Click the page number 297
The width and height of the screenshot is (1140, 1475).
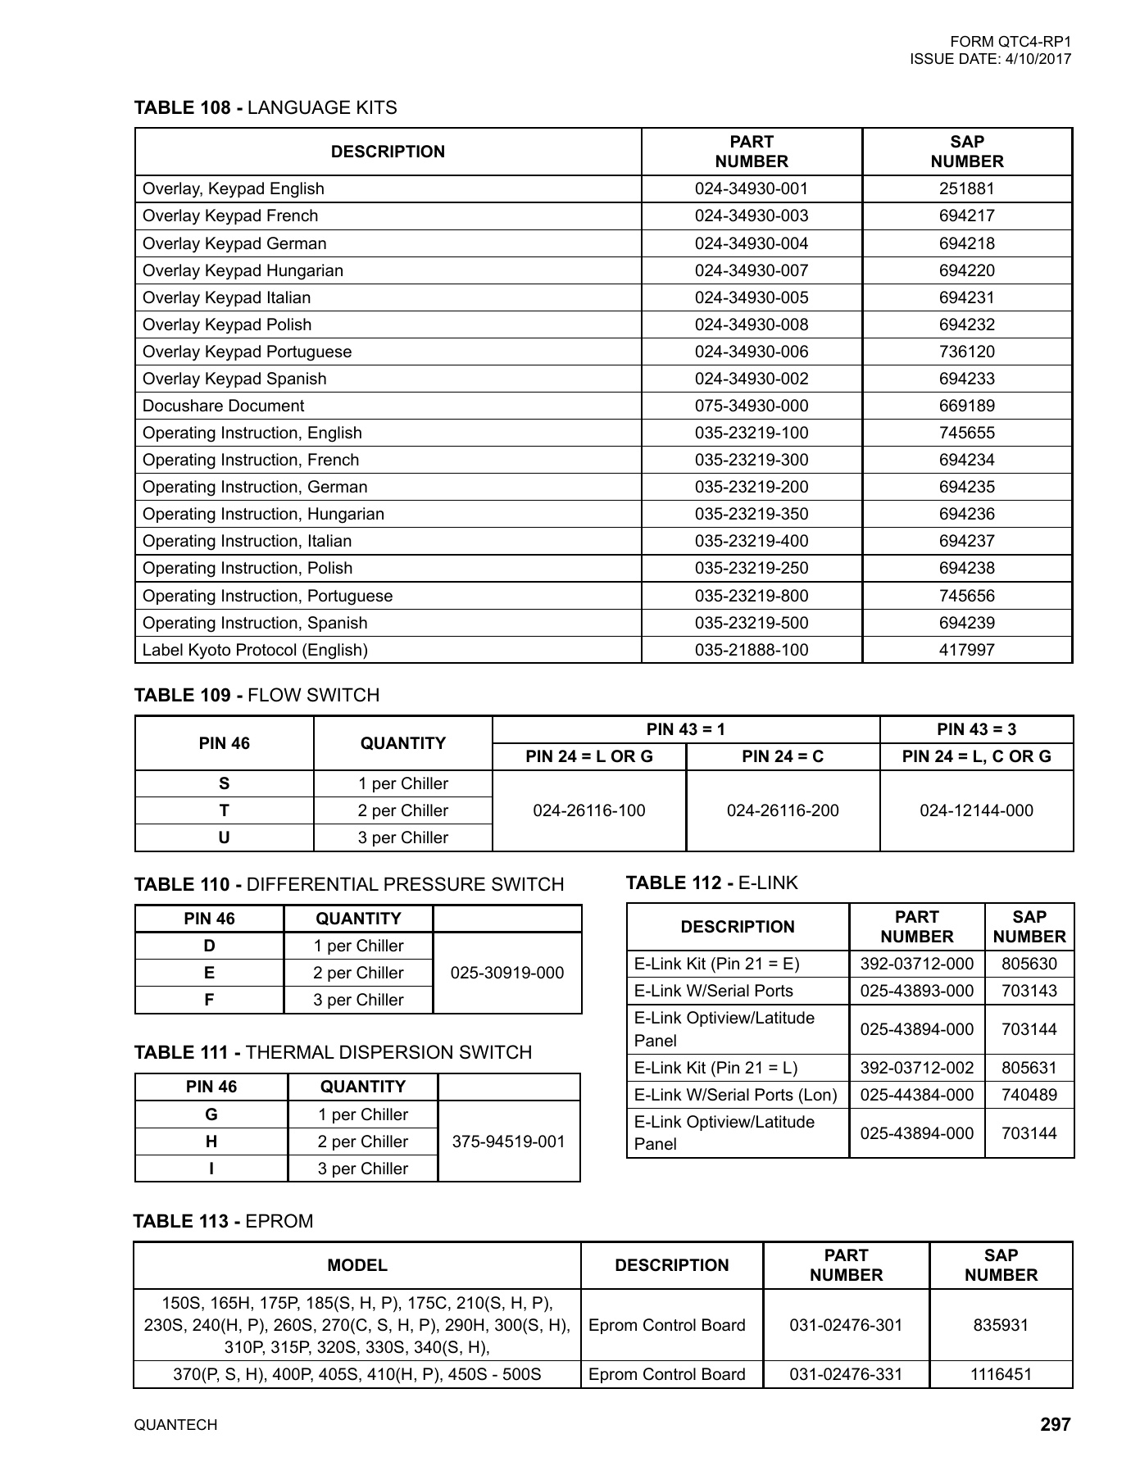click(x=1055, y=1424)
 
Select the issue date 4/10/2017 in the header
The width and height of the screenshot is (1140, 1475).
click(x=1037, y=59)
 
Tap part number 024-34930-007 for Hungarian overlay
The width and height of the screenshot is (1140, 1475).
click(x=751, y=270)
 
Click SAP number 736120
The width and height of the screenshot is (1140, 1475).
click(x=966, y=352)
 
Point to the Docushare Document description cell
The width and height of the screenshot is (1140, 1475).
click(x=223, y=406)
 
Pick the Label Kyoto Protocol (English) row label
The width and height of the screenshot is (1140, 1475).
click(x=255, y=650)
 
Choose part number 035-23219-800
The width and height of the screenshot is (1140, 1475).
click(x=751, y=596)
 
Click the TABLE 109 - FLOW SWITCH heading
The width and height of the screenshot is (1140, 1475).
click(x=257, y=695)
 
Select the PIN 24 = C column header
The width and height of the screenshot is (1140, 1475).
click(x=782, y=756)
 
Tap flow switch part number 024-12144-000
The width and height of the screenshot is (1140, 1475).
click(x=976, y=810)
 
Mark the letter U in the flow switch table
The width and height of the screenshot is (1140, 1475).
click(x=224, y=837)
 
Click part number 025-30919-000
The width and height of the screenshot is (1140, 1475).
click(x=507, y=973)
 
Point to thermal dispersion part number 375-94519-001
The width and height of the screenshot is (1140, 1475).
click(x=508, y=1141)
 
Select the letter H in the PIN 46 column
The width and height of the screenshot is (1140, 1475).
click(x=211, y=1141)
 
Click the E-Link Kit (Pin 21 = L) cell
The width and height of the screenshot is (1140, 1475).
click(x=715, y=1068)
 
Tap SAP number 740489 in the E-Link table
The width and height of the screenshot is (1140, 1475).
click(x=1029, y=1095)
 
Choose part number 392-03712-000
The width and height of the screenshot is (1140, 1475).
click(x=916, y=964)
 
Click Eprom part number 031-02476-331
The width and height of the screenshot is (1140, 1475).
click(x=845, y=1374)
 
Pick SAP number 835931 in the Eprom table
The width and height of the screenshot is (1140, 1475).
click(x=1000, y=1325)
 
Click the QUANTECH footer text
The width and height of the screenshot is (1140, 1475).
click(x=175, y=1425)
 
